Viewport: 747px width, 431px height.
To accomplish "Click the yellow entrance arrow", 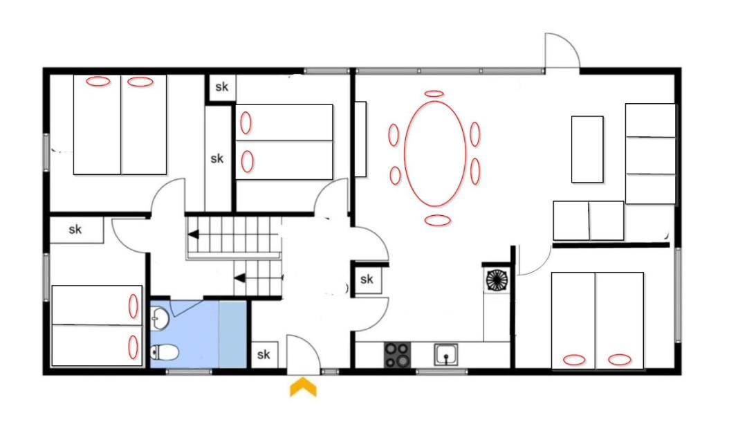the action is click(303, 387).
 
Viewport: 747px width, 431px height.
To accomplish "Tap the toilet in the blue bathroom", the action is click(165, 353).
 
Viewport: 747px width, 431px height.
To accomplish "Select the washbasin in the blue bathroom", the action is click(159, 318).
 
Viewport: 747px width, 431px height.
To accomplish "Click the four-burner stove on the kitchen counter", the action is click(397, 356).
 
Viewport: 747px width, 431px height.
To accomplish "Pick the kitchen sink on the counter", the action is click(446, 356).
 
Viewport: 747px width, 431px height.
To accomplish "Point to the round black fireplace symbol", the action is click(497, 280).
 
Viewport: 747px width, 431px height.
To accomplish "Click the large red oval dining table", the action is click(435, 154).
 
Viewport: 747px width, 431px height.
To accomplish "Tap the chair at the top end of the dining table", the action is click(434, 94).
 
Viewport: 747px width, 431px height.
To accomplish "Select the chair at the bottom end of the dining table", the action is click(437, 220).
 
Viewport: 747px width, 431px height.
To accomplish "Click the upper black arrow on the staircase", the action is click(194, 235).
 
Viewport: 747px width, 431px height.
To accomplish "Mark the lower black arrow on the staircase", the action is click(239, 277).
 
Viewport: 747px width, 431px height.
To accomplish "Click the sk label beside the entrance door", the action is click(264, 354).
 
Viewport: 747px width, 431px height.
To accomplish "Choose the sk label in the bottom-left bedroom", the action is click(75, 230).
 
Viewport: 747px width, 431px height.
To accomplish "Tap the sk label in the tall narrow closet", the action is click(216, 158).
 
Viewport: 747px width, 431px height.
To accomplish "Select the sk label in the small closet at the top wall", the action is click(222, 86).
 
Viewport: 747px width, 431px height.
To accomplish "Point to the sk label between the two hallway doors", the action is click(367, 279).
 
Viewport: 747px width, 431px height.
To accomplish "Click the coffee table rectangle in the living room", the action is click(587, 149).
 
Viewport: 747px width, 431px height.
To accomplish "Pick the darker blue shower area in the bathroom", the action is click(232, 334).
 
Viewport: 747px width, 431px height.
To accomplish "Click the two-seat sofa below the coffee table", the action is click(589, 221).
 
